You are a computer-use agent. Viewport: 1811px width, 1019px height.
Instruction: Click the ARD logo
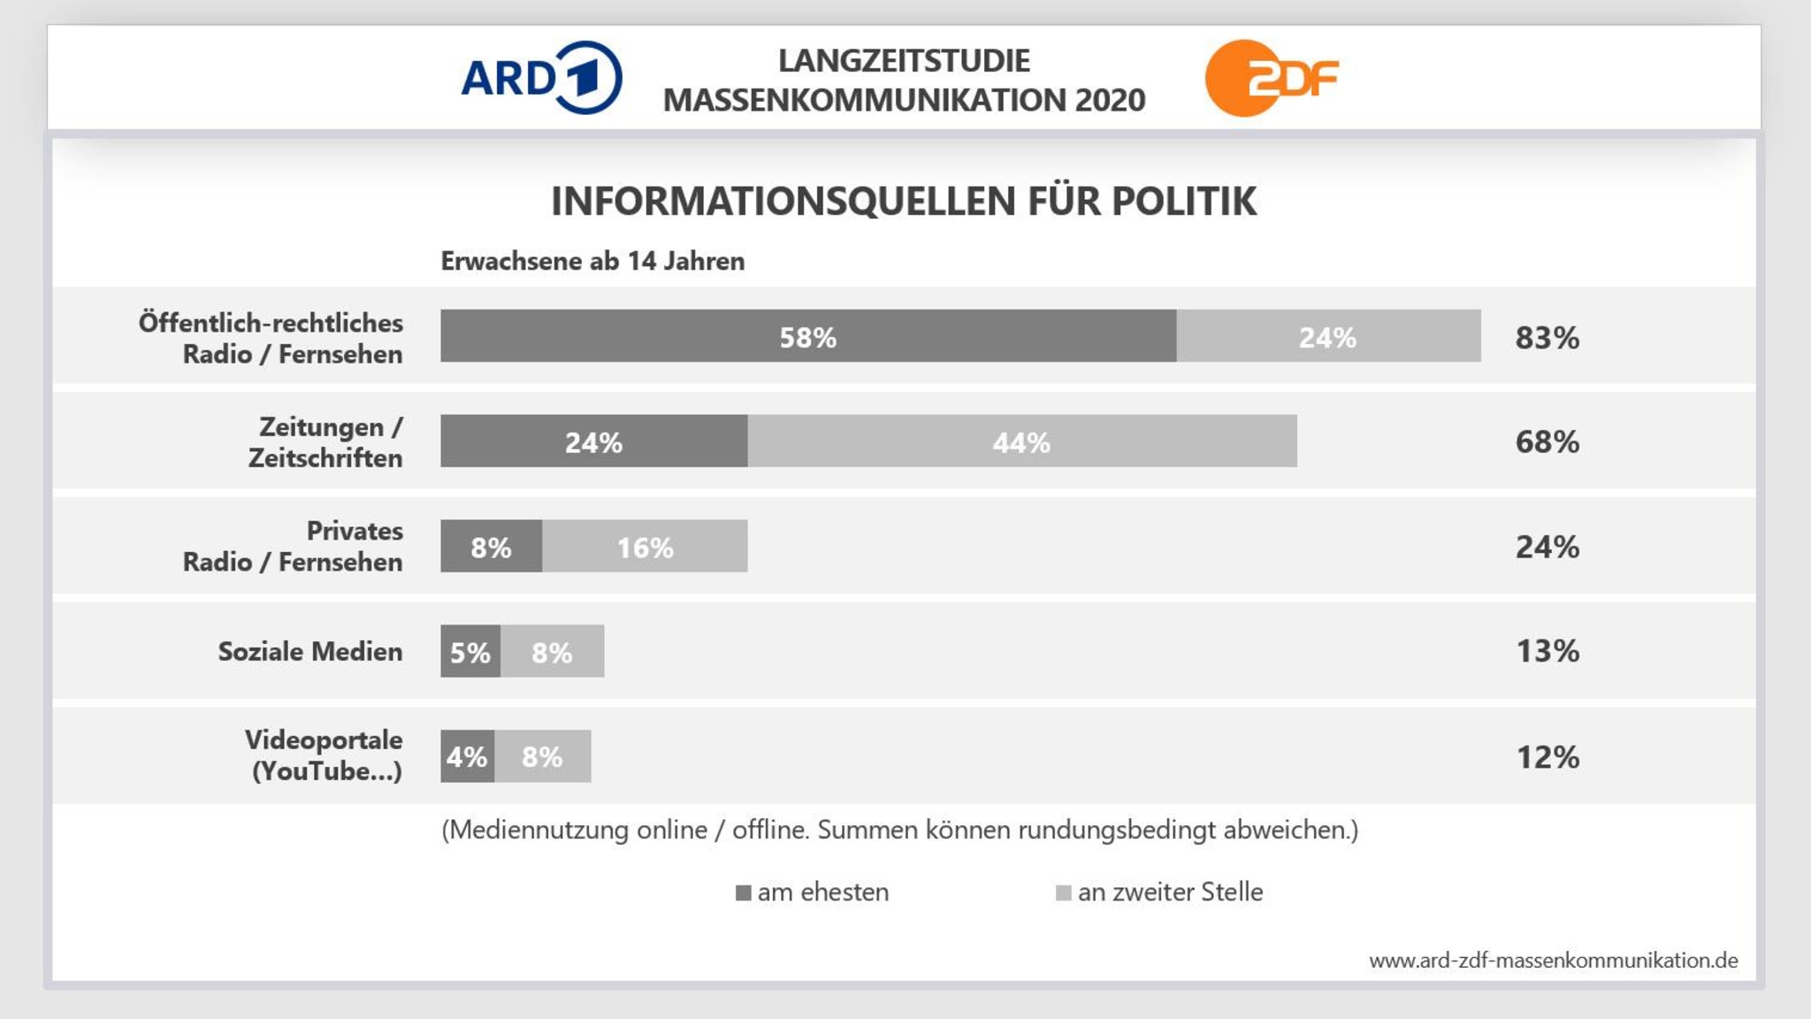[x=541, y=78]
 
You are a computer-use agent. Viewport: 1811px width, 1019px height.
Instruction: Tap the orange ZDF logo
[x=1271, y=78]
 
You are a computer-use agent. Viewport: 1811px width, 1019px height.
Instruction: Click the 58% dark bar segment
[x=807, y=336]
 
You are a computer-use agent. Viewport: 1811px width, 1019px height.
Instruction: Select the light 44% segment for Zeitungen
[x=1021, y=441]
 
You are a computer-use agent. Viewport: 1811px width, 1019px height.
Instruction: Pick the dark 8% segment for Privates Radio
[x=491, y=547]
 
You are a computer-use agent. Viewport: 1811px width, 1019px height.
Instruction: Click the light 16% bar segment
[x=645, y=547]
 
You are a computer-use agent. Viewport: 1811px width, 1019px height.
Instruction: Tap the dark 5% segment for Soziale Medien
[x=470, y=652]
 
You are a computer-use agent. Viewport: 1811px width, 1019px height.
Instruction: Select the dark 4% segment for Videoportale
[x=467, y=756]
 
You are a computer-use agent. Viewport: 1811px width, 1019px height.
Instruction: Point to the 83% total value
[x=1547, y=337]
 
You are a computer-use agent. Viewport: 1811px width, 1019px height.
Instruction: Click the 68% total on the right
[x=1547, y=441]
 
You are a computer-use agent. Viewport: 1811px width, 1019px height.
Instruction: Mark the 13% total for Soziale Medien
[x=1547, y=651]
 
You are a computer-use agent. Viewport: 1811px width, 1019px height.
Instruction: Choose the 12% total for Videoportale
[x=1547, y=757]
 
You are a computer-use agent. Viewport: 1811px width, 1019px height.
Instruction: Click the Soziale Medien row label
[x=309, y=652]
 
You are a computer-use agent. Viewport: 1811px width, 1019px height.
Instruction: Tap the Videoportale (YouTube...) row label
[x=324, y=755]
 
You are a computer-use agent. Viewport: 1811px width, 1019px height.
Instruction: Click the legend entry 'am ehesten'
[x=812, y=893]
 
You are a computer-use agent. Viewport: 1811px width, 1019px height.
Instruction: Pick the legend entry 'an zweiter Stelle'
[x=1159, y=893]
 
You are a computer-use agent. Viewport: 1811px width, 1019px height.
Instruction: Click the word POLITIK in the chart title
[x=1183, y=202]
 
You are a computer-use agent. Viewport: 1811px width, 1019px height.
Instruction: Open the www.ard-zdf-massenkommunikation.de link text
[x=1553, y=961]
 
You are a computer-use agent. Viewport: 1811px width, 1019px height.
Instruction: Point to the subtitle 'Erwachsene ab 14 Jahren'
[x=592, y=262]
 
